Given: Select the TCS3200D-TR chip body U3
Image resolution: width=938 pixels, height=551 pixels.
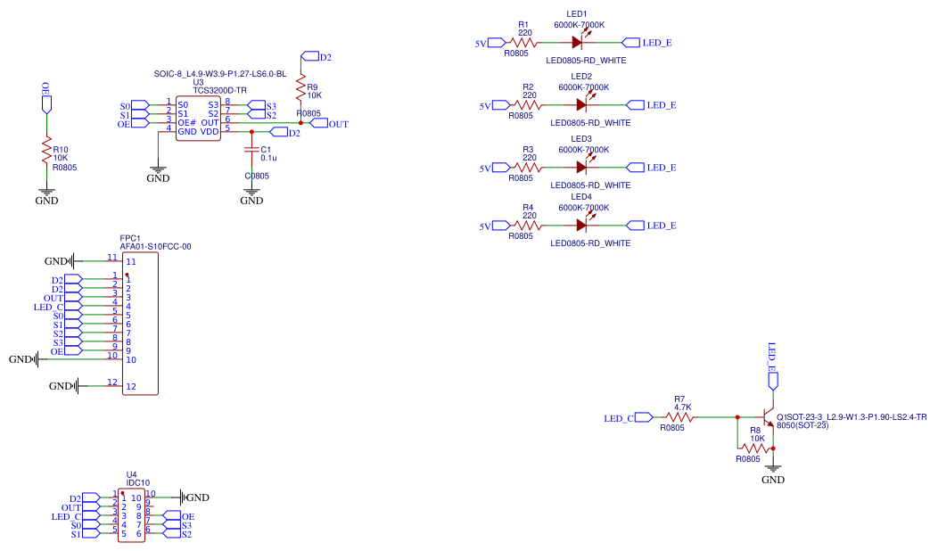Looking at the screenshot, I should pos(198,118).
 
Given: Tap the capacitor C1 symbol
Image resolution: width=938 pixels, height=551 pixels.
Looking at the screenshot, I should pos(252,149).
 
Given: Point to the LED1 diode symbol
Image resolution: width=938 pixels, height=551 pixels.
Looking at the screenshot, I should pos(579,42).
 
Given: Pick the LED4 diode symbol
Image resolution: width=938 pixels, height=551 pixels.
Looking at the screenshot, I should pos(581,226).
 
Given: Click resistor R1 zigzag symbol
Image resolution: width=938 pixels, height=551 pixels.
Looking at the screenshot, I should pos(522,42).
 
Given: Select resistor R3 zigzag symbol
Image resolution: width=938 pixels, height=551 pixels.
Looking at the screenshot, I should pos(528,167).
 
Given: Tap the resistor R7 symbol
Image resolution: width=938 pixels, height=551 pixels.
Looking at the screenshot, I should pos(680,416).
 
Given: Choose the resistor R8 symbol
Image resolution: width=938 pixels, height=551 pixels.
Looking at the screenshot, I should pos(755,448).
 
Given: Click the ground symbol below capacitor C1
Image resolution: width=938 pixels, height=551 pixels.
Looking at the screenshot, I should pos(252,191).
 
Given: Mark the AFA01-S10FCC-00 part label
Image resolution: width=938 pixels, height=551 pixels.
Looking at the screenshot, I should pos(155,246).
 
